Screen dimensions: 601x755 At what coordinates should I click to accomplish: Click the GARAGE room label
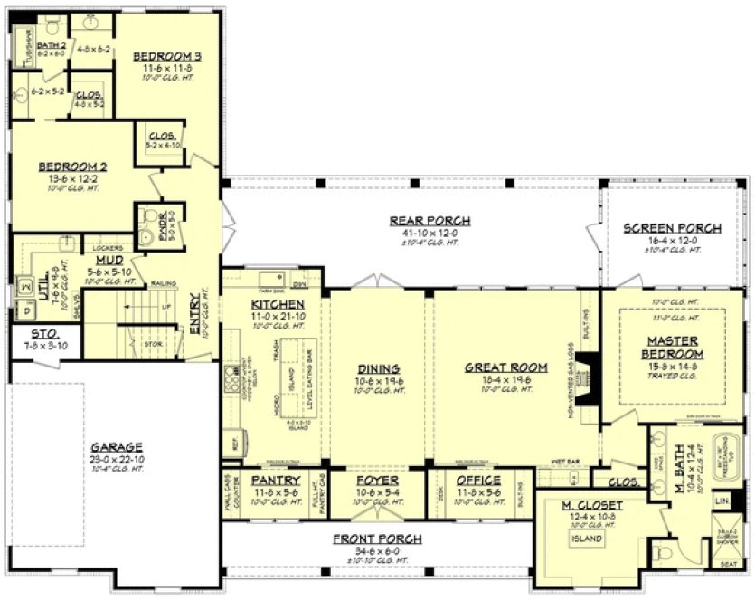tap(117, 447)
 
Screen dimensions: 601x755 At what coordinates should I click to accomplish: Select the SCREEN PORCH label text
tap(673, 228)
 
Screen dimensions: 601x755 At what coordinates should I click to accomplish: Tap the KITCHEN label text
tap(278, 304)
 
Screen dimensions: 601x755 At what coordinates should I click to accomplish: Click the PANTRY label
tap(276, 480)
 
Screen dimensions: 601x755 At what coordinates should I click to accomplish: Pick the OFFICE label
tap(478, 480)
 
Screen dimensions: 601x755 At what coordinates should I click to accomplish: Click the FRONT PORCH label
tap(377, 539)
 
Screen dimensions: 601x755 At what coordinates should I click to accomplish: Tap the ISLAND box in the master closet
tap(587, 538)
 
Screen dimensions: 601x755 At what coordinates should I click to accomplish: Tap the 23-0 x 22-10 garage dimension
tap(117, 459)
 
